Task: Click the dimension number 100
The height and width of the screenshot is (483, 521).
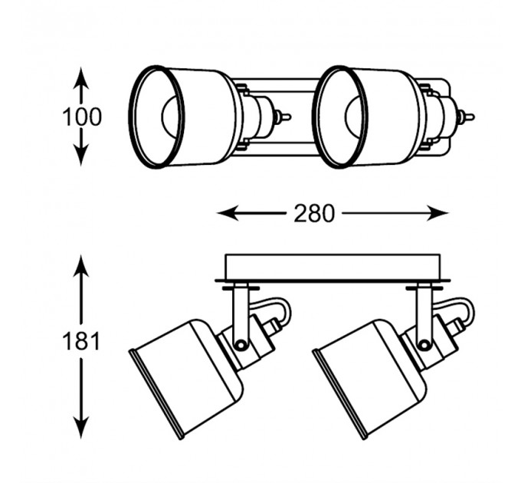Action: tap(82, 117)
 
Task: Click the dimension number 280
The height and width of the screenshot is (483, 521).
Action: tap(314, 213)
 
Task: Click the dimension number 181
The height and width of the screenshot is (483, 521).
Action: tap(81, 341)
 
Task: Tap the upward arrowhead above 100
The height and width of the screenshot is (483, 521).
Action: tap(80, 77)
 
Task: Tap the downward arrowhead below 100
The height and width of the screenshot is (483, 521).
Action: tap(80, 155)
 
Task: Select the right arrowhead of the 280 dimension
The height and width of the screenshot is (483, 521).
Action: tap(437, 212)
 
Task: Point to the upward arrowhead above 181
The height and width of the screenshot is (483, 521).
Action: tap(80, 265)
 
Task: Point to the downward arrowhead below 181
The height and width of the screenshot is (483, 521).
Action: tap(80, 428)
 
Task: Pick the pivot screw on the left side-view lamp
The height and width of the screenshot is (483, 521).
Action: tap(240, 345)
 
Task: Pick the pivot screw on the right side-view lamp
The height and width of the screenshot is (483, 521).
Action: tap(423, 345)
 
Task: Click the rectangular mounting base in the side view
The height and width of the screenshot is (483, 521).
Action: tap(333, 267)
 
